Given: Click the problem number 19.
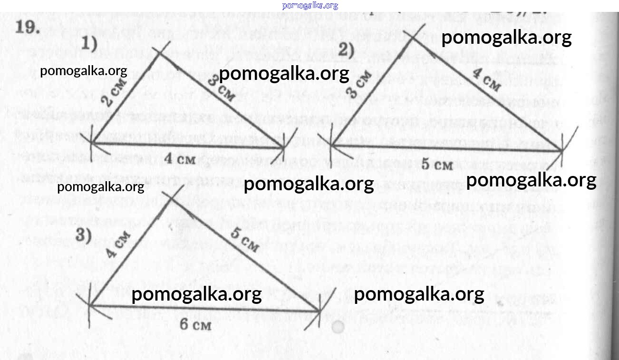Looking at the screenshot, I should (26, 28).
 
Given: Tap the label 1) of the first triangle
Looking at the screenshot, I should (89, 45).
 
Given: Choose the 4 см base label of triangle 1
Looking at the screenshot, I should (180, 159).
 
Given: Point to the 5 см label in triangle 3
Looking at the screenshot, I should (245, 241).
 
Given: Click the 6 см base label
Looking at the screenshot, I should (195, 325).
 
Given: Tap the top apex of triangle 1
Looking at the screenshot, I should (161, 51).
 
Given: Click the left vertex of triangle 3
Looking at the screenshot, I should (89, 305).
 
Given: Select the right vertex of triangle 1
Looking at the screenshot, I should (284, 148).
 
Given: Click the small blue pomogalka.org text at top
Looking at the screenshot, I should (310, 6).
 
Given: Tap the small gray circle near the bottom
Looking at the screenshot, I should (338, 327).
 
